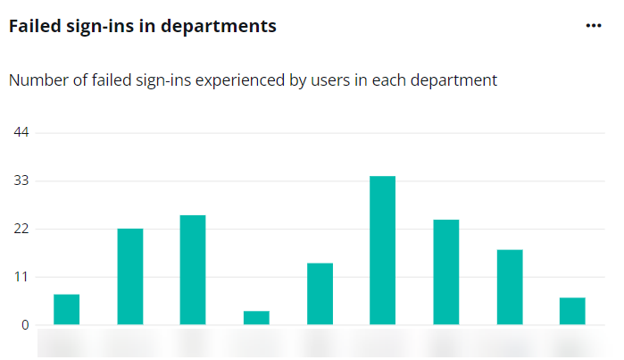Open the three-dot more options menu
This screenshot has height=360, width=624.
tap(594, 26)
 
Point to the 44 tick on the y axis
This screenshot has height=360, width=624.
tap(21, 133)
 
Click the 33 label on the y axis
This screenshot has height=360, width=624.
tap(21, 181)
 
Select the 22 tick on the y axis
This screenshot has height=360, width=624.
tap(21, 230)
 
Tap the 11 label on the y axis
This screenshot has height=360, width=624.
tap(21, 277)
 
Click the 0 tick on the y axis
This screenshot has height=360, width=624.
tap(26, 325)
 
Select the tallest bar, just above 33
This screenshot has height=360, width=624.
tap(383, 250)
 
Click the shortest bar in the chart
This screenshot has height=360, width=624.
tap(256, 318)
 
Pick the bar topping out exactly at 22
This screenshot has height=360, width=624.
tap(130, 277)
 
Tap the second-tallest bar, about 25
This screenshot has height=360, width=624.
tap(193, 270)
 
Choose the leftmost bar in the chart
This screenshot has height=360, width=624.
tap(67, 309)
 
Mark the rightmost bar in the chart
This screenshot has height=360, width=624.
tap(572, 311)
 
